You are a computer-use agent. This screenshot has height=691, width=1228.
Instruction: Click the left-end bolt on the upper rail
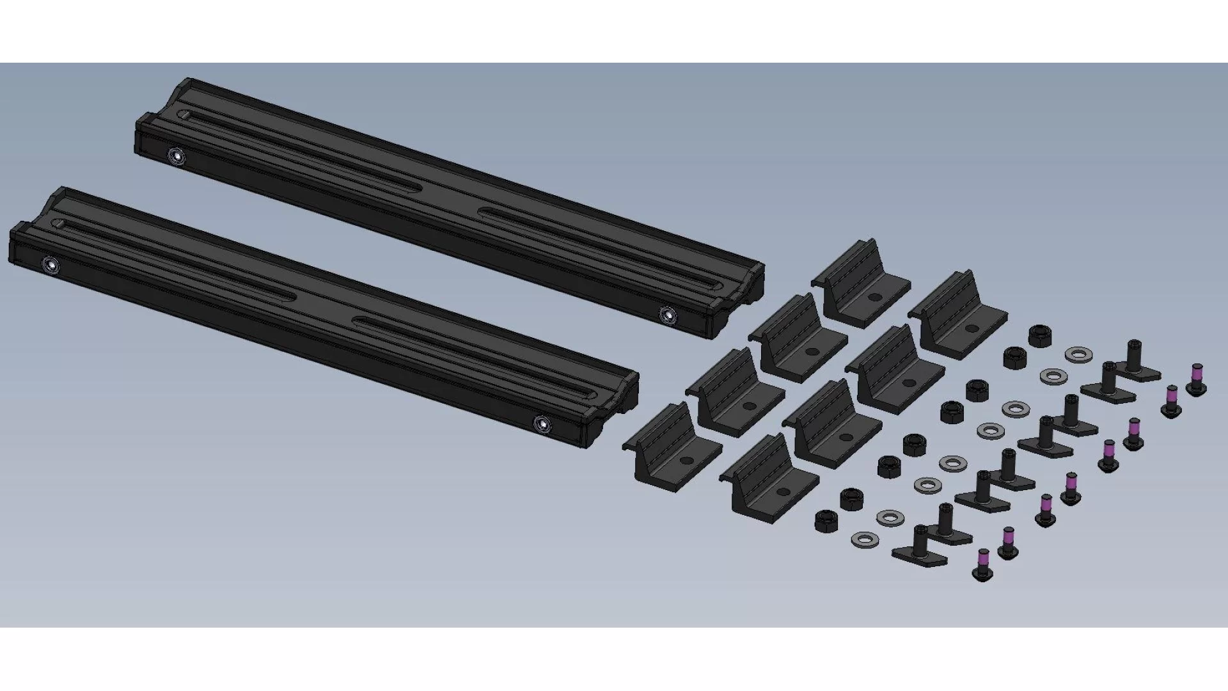(x=175, y=155)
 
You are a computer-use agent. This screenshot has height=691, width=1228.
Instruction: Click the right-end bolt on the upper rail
(x=667, y=314)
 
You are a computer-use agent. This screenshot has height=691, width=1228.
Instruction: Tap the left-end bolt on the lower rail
(x=50, y=264)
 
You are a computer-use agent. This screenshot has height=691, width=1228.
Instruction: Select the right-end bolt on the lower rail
(x=542, y=423)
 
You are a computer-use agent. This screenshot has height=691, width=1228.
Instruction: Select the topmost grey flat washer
(x=1078, y=354)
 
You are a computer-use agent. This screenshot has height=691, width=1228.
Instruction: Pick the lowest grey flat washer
(x=863, y=540)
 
